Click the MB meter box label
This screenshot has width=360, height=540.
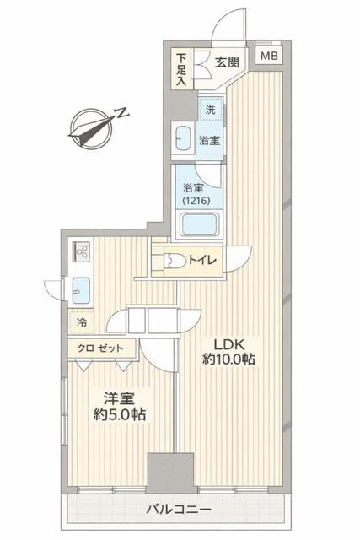pyautogui.click(x=269, y=56)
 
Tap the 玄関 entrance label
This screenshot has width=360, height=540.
pyautogui.click(x=227, y=62)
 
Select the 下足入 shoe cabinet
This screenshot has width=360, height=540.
pyautogui.click(x=181, y=69)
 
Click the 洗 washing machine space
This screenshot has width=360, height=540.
pyautogui.click(x=211, y=109)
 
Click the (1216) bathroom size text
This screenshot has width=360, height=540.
pyautogui.click(x=196, y=201)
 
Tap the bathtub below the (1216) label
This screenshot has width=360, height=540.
pyautogui.click(x=199, y=224)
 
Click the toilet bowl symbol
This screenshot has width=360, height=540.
pyautogui.click(x=175, y=261)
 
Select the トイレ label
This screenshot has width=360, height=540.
pyautogui.click(x=202, y=260)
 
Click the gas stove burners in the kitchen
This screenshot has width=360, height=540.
pyautogui.click(x=81, y=251)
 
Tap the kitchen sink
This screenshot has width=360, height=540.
pyautogui.click(x=81, y=290)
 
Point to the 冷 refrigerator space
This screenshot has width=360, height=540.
pyautogui.click(x=81, y=322)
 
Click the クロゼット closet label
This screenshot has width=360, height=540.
pyautogui.click(x=99, y=348)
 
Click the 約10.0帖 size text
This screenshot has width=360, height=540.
pyautogui.click(x=228, y=359)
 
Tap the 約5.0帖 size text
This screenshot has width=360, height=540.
pyautogui.click(x=119, y=414)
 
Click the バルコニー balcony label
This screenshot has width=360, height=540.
pyautogui.click(x=179, y=509)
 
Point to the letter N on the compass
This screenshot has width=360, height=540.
pyautogui.click(x=121, y=112)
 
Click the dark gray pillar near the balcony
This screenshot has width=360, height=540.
pyautogui.click(x=170, y=472)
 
